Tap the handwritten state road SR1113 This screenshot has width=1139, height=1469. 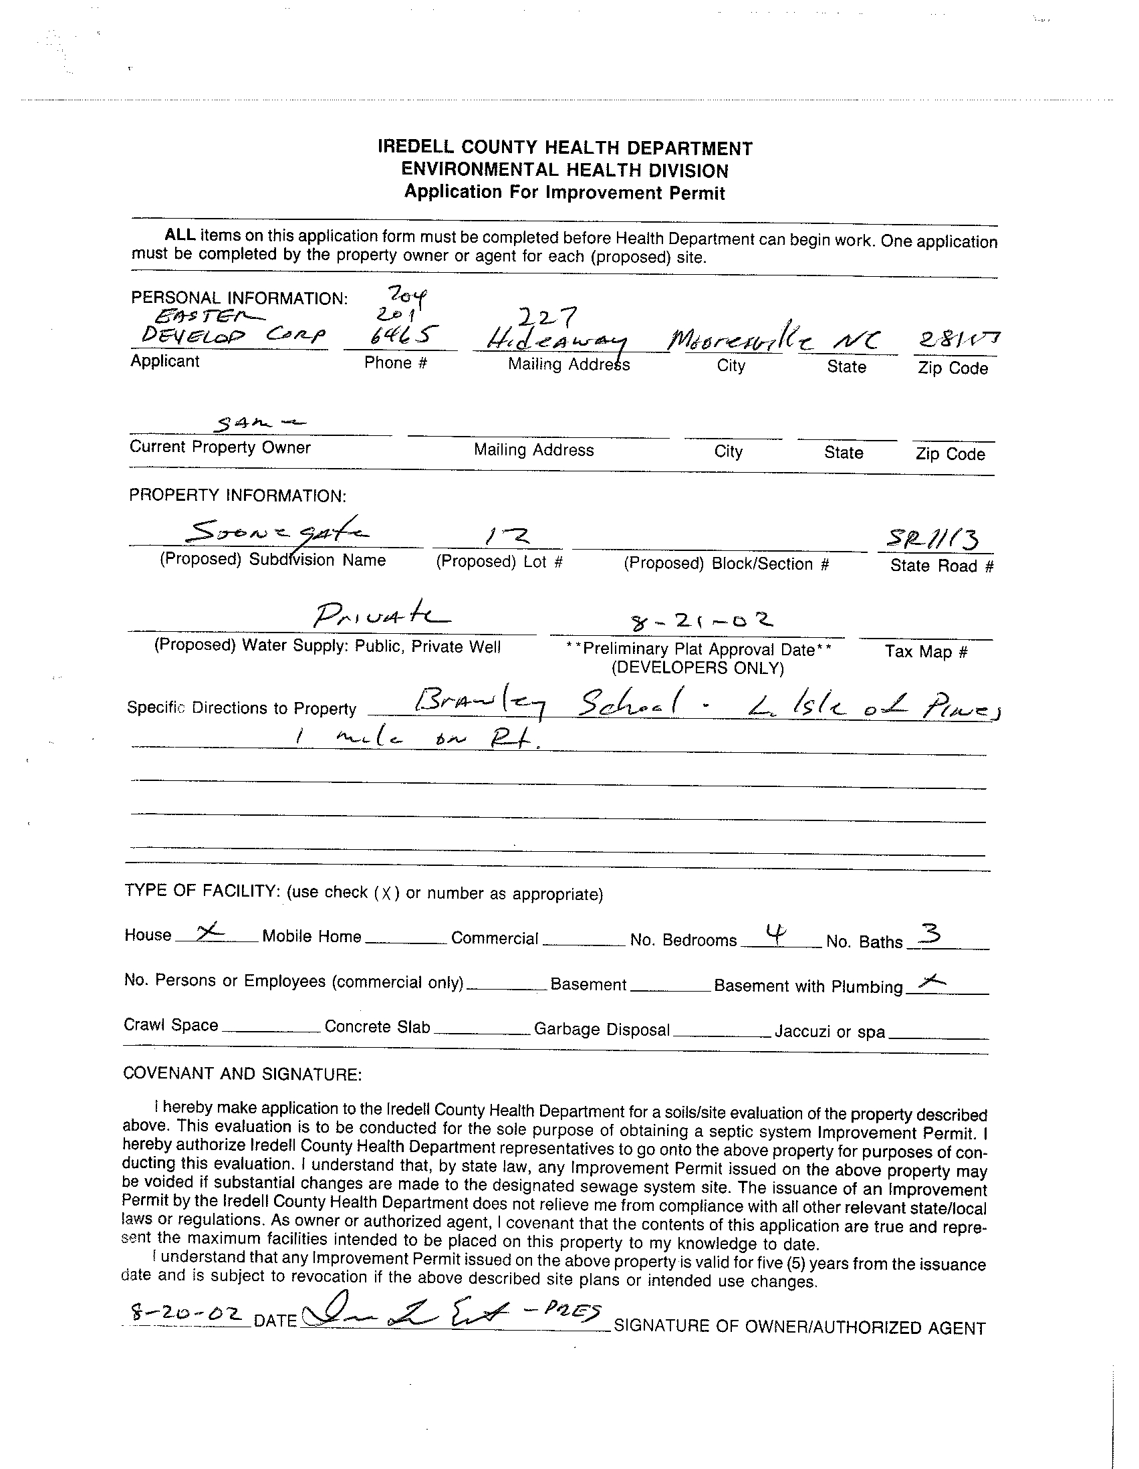(932, 539)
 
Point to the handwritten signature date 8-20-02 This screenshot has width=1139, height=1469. (187, 1313)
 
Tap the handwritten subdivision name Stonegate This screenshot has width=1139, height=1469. (276, 534)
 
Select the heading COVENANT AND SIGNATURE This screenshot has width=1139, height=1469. (243, 1075)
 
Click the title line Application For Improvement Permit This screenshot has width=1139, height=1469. (564, 193)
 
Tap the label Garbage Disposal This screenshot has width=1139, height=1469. (602, 1030)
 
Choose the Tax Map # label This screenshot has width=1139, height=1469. (926, 651)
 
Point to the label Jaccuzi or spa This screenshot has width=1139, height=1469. (829, 1032)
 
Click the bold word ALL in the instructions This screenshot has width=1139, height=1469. (180, 235)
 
